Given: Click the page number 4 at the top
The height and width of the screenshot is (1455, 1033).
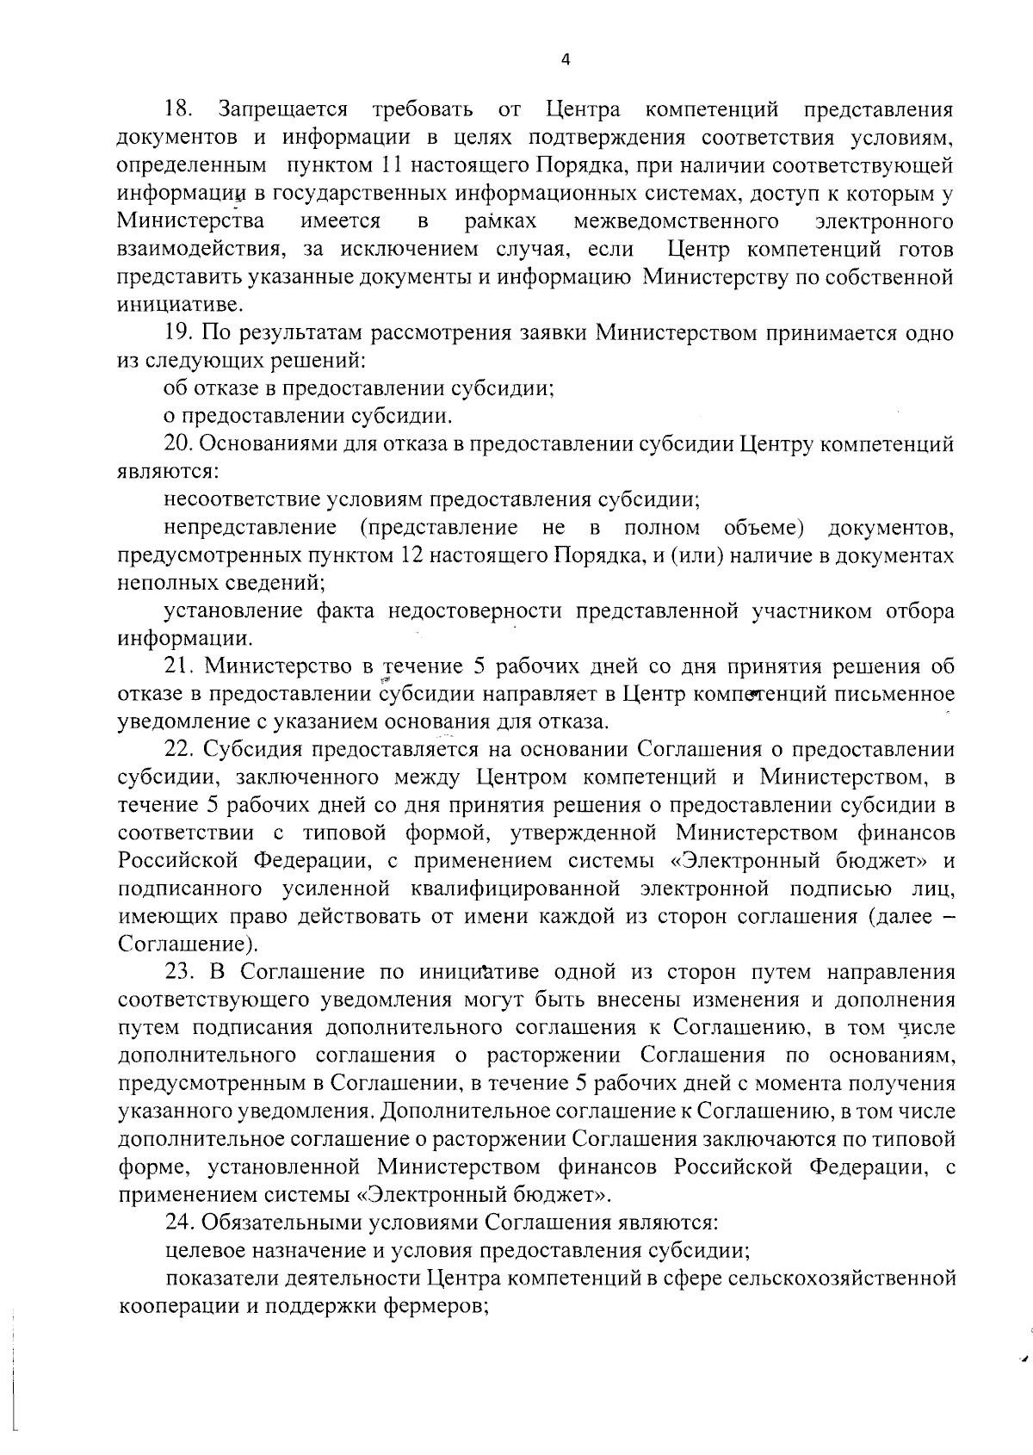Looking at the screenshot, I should (565, 59).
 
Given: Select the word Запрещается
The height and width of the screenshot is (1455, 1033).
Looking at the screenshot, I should (284, 110).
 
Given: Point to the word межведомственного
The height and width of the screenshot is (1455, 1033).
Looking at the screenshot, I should (677, 222).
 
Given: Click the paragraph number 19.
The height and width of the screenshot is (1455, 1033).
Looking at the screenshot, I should (180, 333).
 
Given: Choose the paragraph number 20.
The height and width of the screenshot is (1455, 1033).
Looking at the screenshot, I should (180, 445).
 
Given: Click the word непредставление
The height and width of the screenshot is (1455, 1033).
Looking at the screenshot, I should (250, 528).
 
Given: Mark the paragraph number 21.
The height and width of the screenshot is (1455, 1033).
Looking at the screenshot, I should (180, 667).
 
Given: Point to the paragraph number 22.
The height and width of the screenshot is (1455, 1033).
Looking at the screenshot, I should (180, 751).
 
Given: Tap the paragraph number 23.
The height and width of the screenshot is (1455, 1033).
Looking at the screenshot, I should (180, 973).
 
